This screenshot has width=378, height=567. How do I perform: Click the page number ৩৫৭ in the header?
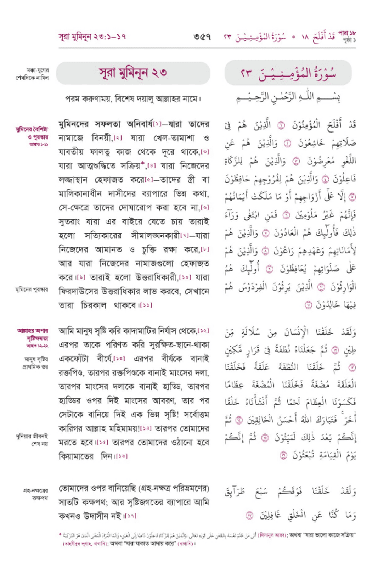click(x=202, y=37)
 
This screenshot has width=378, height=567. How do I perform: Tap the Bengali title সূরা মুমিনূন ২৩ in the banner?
click(x=133, y=73)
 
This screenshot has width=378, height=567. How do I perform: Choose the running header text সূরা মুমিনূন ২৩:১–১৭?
click(x=92, y=37)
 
